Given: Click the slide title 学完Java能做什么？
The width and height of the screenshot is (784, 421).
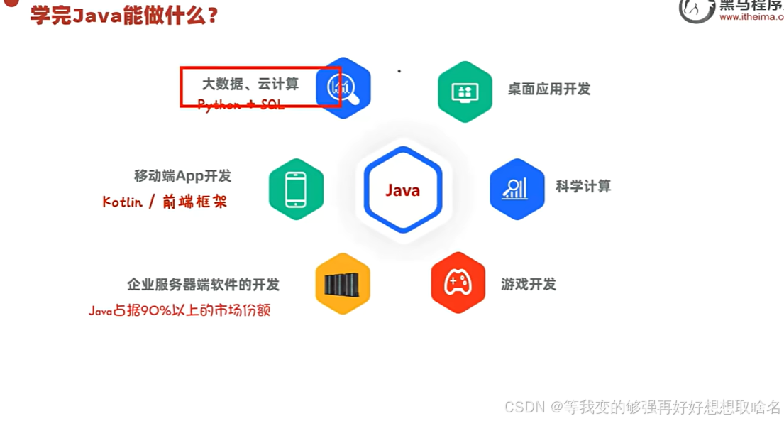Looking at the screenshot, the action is click(x=123, y=16).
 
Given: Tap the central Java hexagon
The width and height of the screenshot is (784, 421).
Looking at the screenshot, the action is click(x=403, y=190).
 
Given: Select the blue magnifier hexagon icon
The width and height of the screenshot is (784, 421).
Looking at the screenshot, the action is click(x=343, y=87).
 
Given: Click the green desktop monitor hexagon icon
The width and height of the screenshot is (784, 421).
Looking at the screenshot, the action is click(x=465, y=92).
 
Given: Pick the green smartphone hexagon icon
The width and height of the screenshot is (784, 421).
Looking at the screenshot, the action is click(x=296, y=190).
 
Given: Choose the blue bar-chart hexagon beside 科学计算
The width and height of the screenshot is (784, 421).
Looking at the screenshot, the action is click(x=517, y=189).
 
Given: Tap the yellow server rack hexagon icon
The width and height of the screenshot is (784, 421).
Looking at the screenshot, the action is click(x=343, y=283).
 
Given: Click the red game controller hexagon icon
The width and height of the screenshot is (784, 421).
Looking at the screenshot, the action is click(x=458, y=283).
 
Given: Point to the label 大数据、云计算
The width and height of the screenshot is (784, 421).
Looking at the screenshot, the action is click(x=250, y=84).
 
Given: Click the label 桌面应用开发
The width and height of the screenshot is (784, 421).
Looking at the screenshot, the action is click(x=548, y=89).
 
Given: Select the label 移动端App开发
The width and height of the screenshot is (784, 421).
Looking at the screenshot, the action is click(x=182, y=176).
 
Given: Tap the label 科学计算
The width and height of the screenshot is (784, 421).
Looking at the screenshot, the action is click(x=583, y=186).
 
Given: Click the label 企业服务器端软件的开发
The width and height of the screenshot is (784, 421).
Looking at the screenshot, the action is click(x=203, y=285).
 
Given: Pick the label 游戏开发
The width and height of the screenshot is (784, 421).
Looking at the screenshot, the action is click(x=528, y=284).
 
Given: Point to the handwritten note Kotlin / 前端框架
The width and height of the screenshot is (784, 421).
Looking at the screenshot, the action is click(x=165, y=202).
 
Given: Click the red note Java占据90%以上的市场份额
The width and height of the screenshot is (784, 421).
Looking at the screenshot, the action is click(x=180, y=310).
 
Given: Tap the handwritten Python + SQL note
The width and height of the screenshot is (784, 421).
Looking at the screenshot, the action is click(x=241, y=105).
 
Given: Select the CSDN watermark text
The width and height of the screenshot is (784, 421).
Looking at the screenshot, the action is click(x=642, y=407).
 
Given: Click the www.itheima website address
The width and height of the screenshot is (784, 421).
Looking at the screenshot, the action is click(x=751, y=17).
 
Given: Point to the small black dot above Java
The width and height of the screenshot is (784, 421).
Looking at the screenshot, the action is click(x=399, y=71).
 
